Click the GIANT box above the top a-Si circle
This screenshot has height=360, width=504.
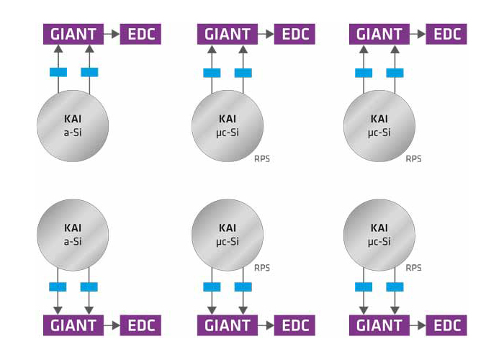(x=73, y=34)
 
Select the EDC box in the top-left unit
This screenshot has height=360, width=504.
(x=140, y=34)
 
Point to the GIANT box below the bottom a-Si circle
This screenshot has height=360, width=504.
(x=73, y=325)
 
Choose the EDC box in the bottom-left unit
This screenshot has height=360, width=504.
(x=140, y=325)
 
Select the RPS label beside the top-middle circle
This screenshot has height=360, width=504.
(x=262, y=159)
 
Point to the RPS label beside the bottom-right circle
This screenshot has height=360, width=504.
(x=413, y=268)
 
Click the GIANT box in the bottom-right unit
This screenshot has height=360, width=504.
(x=379, y=325)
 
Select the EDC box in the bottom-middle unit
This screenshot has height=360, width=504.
(x=294, y=325)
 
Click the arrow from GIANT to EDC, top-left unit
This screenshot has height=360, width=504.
(x=111, y=34)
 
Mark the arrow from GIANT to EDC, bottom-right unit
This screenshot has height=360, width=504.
(x=417, y=325)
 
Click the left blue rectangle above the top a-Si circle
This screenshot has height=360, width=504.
(x=58, y=72)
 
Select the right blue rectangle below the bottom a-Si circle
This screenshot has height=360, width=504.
(x=89, y=287)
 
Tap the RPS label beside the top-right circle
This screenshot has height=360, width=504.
(x=413, y=159)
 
